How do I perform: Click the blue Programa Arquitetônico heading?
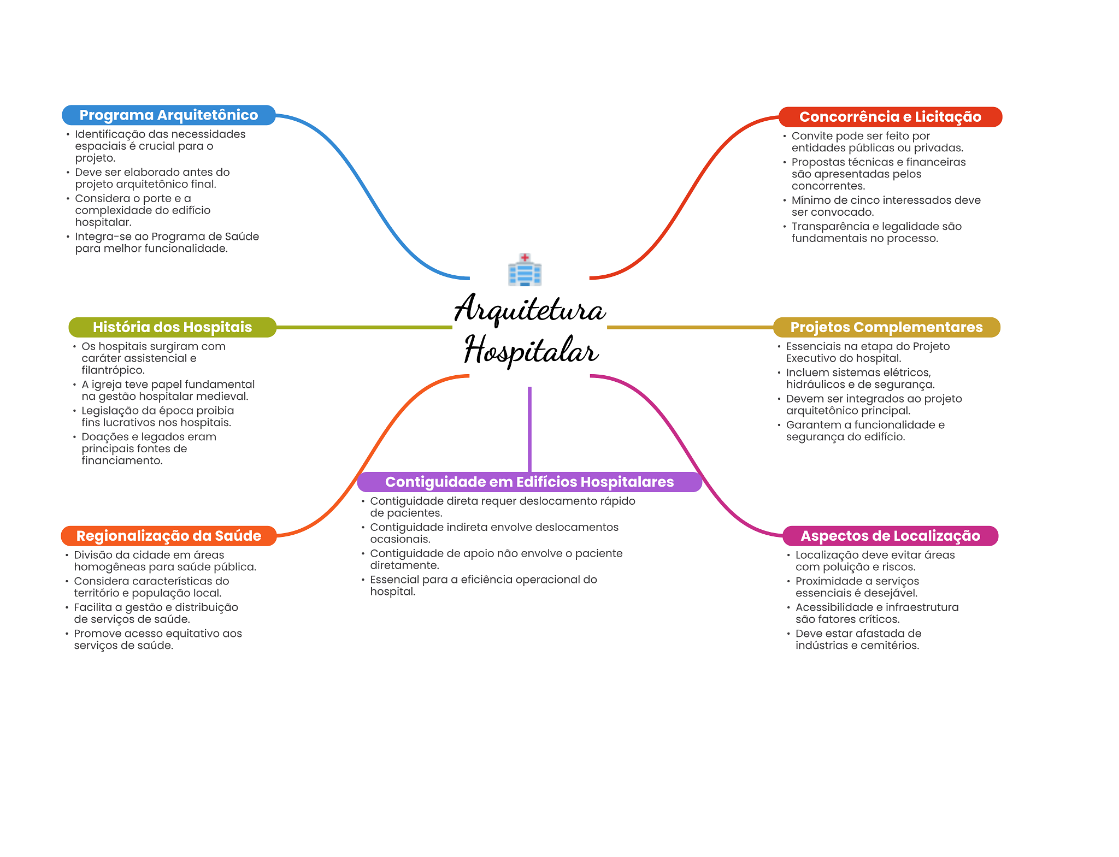[x=168, y=115]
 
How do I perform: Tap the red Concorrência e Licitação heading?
[x=890, y=117]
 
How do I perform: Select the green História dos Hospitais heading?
[x=172, y=327]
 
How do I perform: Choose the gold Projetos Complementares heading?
[x=886, y=327]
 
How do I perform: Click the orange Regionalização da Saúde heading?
[x=168, y=536]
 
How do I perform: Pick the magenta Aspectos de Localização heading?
[x=890, y=536]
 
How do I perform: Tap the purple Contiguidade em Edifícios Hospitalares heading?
[x=529, y=482]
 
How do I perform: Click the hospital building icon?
[x=525, y=270]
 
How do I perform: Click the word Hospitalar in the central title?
[x=531, y=350]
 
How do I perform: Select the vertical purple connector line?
[x=529, y=429]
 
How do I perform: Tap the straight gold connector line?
[x=690, y=327]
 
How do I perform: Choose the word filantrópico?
[x=113, y=370]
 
